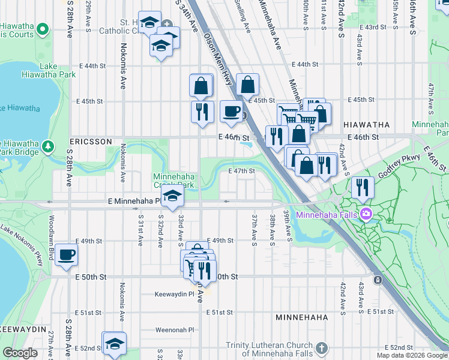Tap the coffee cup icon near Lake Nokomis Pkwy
point(67,254)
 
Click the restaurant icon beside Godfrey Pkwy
point(363,187)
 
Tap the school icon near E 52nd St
point(114,344)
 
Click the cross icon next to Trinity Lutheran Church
point(321,348)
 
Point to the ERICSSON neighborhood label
point(91,141)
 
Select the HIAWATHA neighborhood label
point(366,125)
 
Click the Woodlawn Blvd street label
point(52,229)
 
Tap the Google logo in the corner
point(20,353)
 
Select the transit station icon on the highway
point(378,280)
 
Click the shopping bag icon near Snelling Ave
point(247,85)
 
